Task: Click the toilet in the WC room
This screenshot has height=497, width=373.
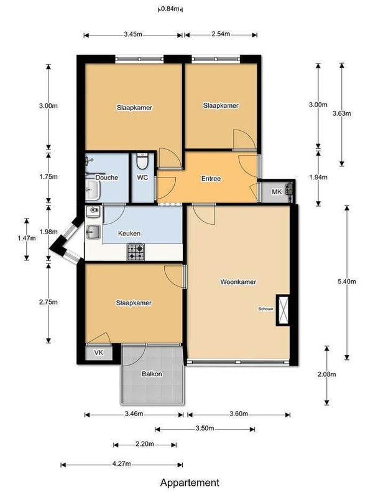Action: click(142, 161)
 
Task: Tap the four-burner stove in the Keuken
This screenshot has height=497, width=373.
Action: click(136, 252)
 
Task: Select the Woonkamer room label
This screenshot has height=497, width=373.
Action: click(238, 282)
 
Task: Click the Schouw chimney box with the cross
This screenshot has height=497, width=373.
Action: click(283, 310)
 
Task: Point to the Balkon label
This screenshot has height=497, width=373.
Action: click(152, 374)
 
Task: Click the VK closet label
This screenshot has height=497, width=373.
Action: click(99, 353)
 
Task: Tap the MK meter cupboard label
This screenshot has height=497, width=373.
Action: click(277, 192)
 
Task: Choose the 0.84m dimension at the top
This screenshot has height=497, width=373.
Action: click(170, 9)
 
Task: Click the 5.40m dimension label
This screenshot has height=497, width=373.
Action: click(347, 281)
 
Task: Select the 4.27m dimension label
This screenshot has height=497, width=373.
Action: click(121, 464)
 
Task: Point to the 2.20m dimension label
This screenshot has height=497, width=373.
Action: click(145, 444)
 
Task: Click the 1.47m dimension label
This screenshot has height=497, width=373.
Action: click(27, 238)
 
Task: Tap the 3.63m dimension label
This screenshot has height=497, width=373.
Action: click(342, 113)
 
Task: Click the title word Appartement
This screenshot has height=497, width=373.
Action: click(190, 483)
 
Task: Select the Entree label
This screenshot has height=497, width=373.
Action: click(211, 179)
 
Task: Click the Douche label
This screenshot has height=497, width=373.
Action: click(107, 177)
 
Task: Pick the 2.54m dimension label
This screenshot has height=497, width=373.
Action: click(221, 34)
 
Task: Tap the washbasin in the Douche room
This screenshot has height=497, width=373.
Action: click(92, 190)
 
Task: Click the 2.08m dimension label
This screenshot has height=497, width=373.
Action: click(326, 374)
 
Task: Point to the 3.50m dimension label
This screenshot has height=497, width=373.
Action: click(205, 428)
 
